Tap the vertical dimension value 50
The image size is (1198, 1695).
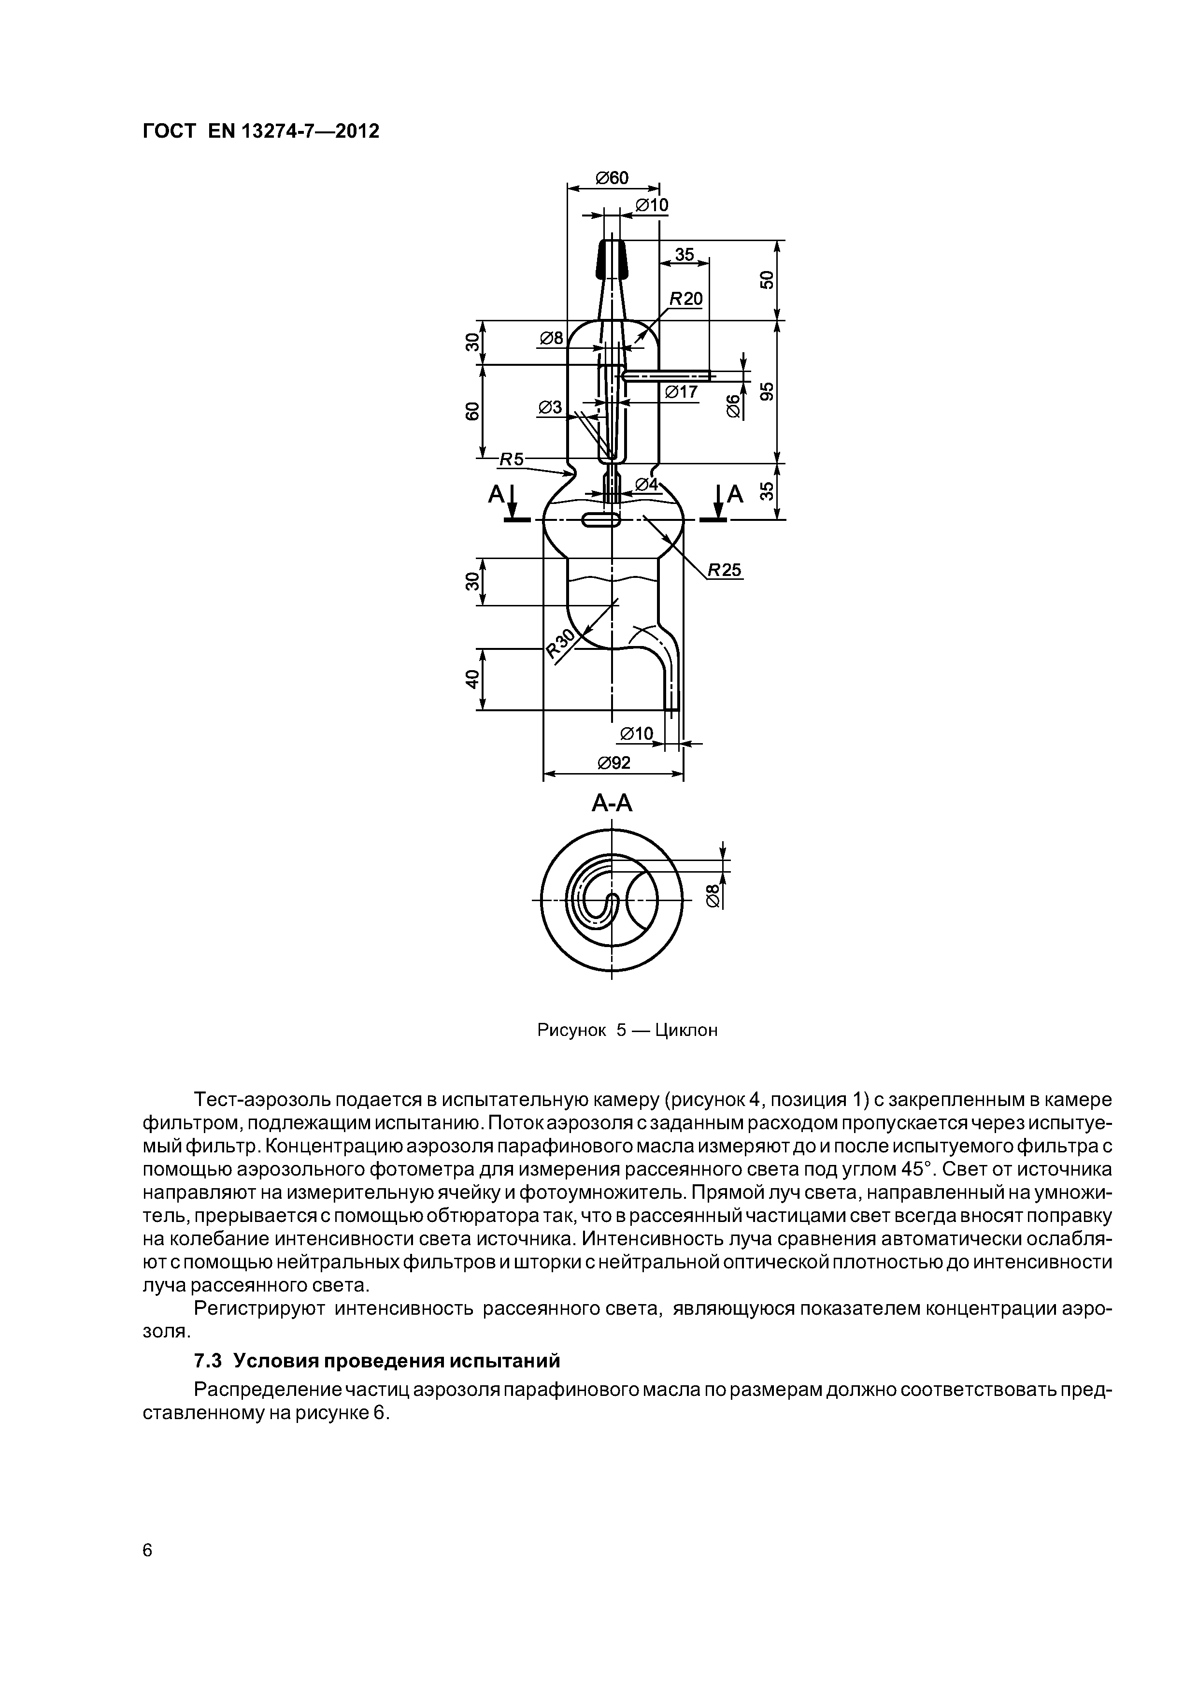[x=768, y=280]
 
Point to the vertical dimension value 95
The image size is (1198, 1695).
[x=768, y=391]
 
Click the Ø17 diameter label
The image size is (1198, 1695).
[x=681, y=392]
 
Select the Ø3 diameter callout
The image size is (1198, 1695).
[x=550, y=407]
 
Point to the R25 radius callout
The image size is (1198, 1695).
[x=725, y=570]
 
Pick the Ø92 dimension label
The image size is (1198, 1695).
[x=614, y=762]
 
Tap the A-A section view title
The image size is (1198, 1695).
[x=612, y=803]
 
